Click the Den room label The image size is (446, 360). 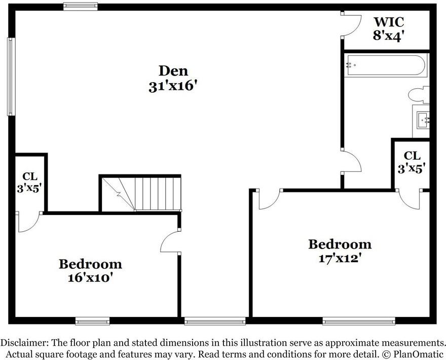pos(173,71)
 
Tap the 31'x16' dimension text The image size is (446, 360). pos(173,86)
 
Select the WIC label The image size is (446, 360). pos(389,22)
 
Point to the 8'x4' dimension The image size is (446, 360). pos(389,35)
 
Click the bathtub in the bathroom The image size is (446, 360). pos(386,65)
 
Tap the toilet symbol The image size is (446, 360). pos(419,95)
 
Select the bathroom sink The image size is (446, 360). pos(423,120)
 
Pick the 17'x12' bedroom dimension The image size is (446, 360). pos(340,259)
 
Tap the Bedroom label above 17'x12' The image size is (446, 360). pos(340,244)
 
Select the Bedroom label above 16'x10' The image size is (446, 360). pos(90,264)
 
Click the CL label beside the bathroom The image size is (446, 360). pos(412,156)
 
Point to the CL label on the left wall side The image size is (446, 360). pos(30,176)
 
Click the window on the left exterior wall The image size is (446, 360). pos(11,77)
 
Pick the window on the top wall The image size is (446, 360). pos(80,6)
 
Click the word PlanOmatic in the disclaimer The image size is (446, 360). pos(418,354)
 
